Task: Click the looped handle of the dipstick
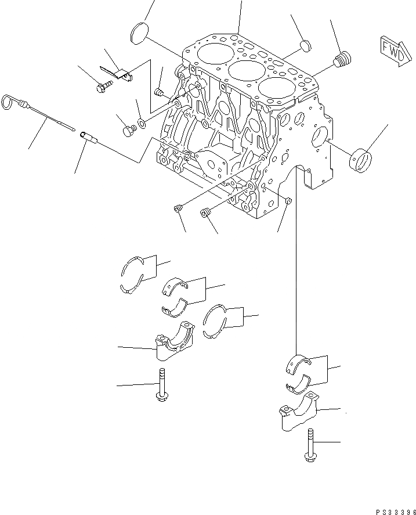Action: (7, 101)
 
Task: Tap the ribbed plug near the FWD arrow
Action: (344, 59)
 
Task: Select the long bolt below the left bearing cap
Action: (161, 386)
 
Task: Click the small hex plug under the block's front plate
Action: (288, 201)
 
